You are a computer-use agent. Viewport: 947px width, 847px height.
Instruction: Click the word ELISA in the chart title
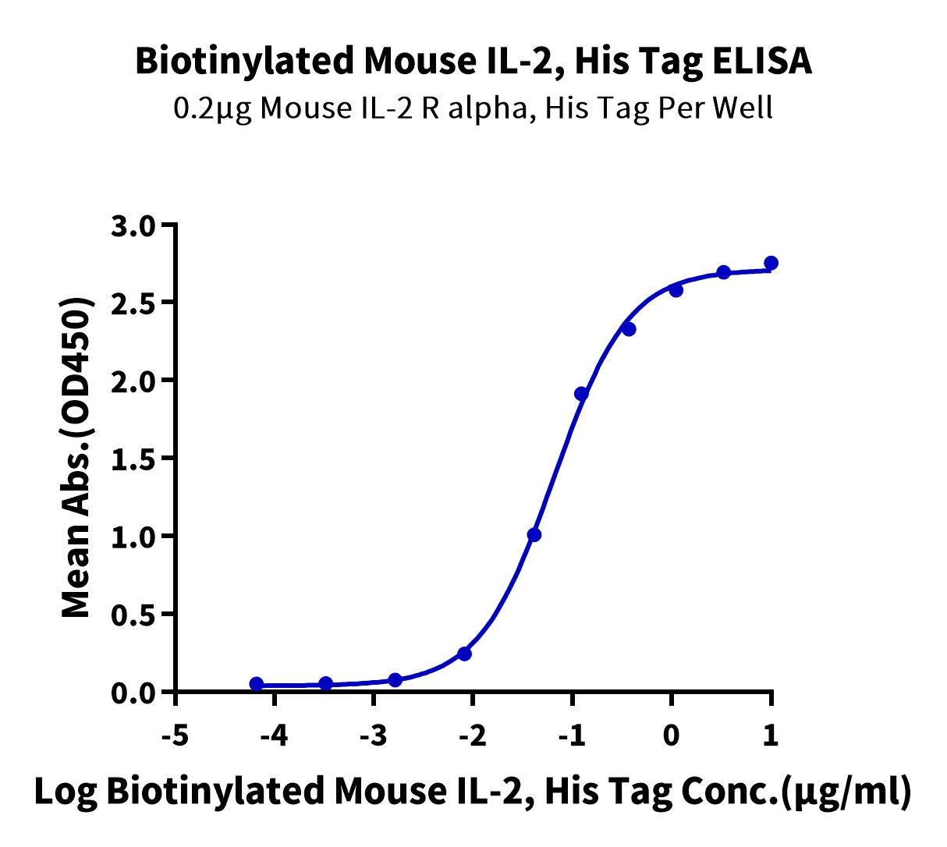click(x=761, y=62)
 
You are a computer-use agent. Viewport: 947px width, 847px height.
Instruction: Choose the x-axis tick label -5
click(x=176, y=735)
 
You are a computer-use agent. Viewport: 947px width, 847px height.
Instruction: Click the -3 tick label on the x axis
click(x=374, y=735)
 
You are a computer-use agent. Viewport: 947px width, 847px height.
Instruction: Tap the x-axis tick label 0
click(x=671, y=735)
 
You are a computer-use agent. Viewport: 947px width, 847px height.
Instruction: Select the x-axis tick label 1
click(x=771, y=735)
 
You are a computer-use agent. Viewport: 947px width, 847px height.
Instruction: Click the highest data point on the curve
click(x=771, y=263)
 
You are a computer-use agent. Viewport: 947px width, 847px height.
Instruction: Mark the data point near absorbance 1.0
click(x=534, y=535)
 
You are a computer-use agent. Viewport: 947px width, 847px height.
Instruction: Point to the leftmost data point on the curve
click(x=256, y=684)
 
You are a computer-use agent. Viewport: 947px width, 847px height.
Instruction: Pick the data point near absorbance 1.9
click(x=581, y=394)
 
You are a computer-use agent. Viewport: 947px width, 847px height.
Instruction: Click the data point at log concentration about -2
click(x=465, y=654)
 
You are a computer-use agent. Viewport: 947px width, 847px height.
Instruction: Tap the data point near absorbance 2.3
click(x=630, y=330)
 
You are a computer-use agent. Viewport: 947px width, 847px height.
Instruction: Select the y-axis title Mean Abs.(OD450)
click(x=76, y=457)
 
